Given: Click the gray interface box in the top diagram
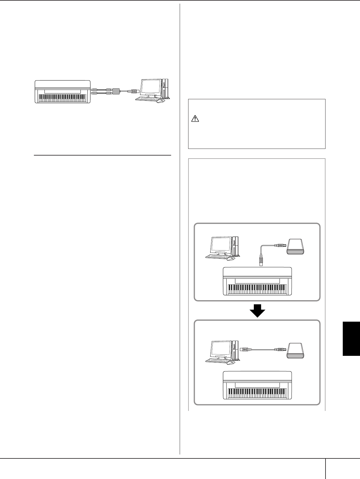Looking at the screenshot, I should (x=116, y=91).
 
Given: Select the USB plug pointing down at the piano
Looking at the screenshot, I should (x=261, y=261).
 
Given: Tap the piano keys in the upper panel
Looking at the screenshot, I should (x=257, y=289).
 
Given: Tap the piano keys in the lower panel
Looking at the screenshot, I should (x=257, y=393).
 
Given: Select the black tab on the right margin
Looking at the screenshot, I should (x=351, y=339).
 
